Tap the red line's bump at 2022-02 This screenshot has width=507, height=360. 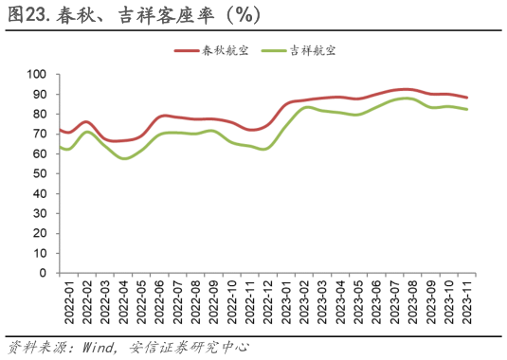tap(86, 121)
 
